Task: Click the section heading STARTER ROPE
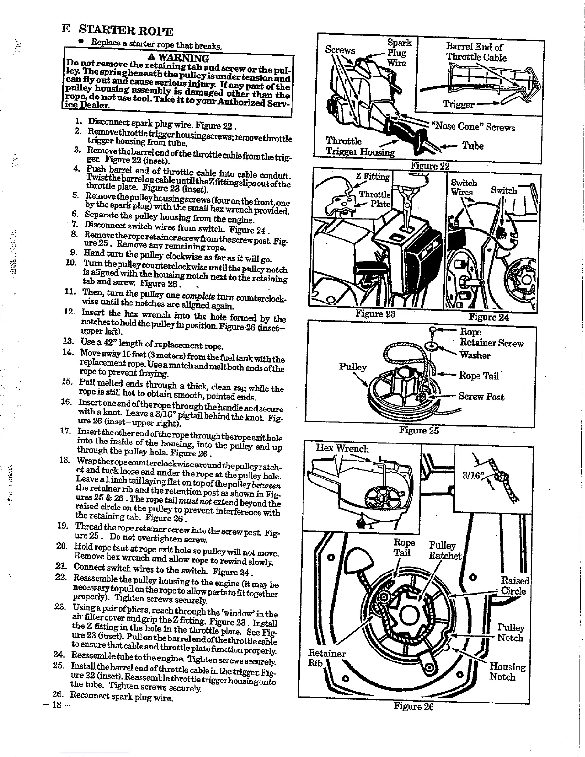point(125,32)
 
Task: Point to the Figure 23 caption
point(376,314)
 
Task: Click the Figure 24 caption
point(488,317)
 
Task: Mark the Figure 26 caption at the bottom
point(414,706)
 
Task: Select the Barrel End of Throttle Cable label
point(476,52)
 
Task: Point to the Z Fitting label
point(373,177)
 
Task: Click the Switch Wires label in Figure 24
point(464,187)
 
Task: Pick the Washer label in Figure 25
point(475,355)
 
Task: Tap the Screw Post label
point(481,396)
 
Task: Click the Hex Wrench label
point(343,448)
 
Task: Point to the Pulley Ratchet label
point(445,551)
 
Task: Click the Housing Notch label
point(507,671)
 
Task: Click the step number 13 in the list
point(67,342)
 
